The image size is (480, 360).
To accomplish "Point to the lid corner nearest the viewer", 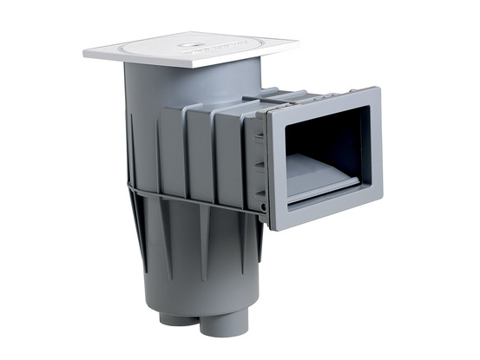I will coord(189,66).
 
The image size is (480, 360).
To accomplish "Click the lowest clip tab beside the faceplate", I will coord(260,201).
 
